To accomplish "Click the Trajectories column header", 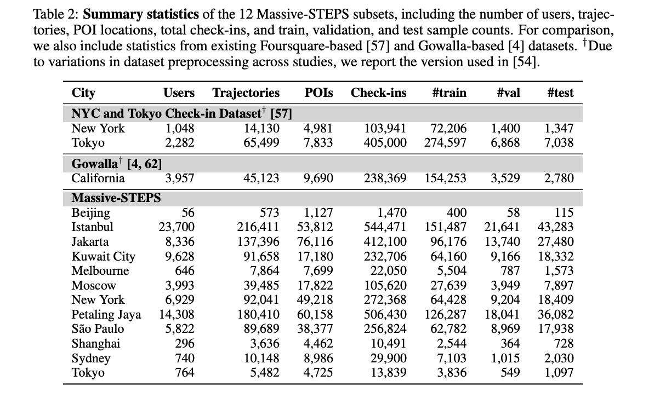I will [x=246, y=93].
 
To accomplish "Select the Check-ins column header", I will [x=379, y=93].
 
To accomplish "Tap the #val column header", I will [x=508, y=93].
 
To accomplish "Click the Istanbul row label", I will [x=93, y=227].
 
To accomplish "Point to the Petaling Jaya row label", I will [x=106, y=315].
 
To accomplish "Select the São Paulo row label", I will [x=98, y=329].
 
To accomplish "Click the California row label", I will [x=98, y=178].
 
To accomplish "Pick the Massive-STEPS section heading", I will [x=116, y=198].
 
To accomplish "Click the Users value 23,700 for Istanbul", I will [x=177, y=227].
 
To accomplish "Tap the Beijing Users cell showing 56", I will [x=187, y=213].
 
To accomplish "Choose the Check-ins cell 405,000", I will [x=386, y=143].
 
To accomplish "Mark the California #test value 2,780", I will [x=559, y=178].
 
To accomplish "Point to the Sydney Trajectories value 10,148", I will [x=261, y=359].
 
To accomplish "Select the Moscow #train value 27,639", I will [x=449, y=286].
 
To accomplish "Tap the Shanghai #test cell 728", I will [x=564, y=344].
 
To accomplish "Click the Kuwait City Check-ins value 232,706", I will [x=386, y=257].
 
